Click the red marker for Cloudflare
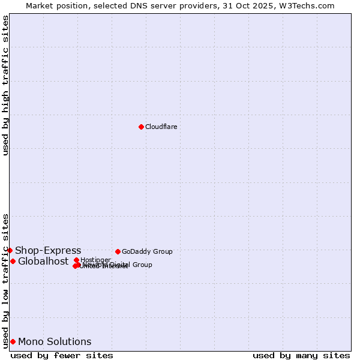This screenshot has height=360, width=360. tap(141, 127)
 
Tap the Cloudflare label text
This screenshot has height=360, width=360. tap(161, 127)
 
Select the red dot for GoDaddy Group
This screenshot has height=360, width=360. tap(118, 251)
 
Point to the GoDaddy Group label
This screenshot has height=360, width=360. tap(147, 251)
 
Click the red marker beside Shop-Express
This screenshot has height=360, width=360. tap(10, 250)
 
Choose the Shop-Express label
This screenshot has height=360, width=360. tap(48, 250)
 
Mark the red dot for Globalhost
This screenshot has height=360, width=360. tap(13, 261)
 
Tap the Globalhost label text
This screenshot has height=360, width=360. tap(43, 261)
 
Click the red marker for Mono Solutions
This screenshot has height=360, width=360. tap(13, 341)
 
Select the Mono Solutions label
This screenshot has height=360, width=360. tap(55, 341)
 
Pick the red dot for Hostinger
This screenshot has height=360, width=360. tap(76, 260)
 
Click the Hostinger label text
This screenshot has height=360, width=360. tap(96, 260)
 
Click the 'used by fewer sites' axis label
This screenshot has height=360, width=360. tap(62, 355)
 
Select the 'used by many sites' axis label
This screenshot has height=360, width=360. tap(301, 355)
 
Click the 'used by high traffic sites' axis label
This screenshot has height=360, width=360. tap(5, 85)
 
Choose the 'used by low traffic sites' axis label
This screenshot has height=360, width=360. tap(5, 280)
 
